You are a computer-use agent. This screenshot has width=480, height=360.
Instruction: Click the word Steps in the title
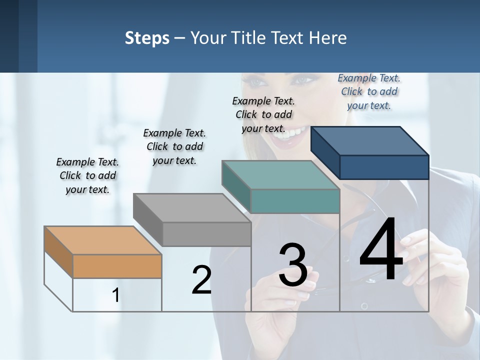pyautogui.click(x=147, y=38)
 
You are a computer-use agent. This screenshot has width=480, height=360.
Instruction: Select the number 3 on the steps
pyautogui.click(x=293, y=265)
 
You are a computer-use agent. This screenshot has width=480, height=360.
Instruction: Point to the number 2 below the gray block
pyautogui.click(x=201, y=280)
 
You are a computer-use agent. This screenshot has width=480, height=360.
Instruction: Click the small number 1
pyautogui.click(x=115, y=295)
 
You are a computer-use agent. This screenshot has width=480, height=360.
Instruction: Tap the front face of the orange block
pyautogui.click(x=117, y=266)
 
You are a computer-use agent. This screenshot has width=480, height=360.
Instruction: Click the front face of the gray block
pyautogui.click(x=206, y=234)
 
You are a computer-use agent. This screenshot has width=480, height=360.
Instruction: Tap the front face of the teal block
pyautogui.click(x=295, y=201)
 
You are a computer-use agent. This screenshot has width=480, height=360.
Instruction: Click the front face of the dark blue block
pyautogui.click(x=384, y=167)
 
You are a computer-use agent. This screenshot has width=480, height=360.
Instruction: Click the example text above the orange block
pyautogui.click(x=87, y=176)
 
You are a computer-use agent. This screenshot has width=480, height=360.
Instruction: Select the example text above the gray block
pyautogui.click(x=174, y=147)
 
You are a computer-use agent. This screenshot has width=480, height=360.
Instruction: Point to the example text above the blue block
pyautogui.click(x=369, y=92)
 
